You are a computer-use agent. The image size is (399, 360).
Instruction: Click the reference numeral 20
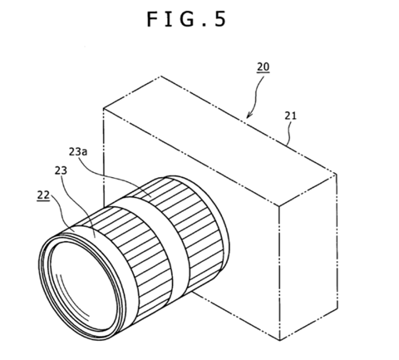pyautogui.click(x=263, y=67)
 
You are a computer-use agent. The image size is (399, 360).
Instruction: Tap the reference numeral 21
pyautogui.click(x=290, y=116)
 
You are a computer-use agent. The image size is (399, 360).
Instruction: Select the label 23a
pyautogui.click(x=78, y=151)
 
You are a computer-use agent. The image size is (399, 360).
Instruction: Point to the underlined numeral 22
pyautogui.click(x=43, y=195)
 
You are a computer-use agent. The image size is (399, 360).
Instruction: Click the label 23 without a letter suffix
pyautogui.click(x=61, y=170)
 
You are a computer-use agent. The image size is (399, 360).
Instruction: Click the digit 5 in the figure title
pyautogui.click(x=219, y=19)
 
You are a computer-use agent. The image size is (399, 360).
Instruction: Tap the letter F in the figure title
pyautogui.click(x=152, y=19)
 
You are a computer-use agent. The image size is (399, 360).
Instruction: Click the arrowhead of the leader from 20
pyautogui.click(x=249, y=115)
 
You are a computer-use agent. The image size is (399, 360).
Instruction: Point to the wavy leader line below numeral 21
pyautogui.click(x=288, y=133)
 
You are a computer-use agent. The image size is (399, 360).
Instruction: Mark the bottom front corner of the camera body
pyautogui.click(x=280, y=340)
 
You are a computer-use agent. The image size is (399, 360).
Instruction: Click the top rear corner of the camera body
pyautogui.click(x=161, y=76)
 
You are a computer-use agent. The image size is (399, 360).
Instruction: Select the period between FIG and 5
pyautogui.click(x=204, y=25)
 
